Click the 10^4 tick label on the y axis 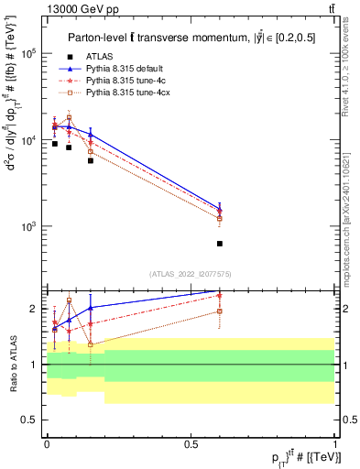click(31, 140)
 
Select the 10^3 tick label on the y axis click(31, 226)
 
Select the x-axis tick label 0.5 click(191, 443)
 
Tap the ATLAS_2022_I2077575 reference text click(190, 274)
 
